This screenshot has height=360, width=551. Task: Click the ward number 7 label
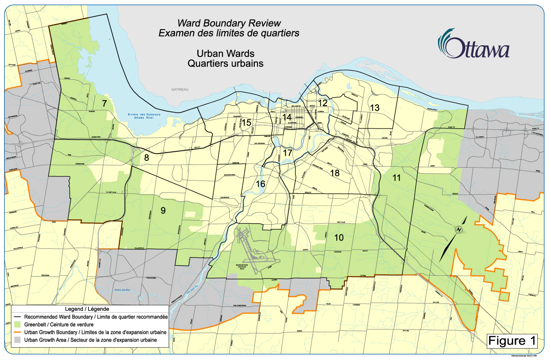click(x=104, y=103)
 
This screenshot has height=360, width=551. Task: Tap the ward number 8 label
click(x=146, y=158)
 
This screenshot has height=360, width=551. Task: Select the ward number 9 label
click(x=163, y=210)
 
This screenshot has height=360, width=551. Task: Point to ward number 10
click(x=339, y=237)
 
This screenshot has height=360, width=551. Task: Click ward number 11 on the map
click(x=397, y=178)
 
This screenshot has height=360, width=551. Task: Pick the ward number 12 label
click(x=323, y=103)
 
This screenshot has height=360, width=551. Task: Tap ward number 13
click(x=375, y=108)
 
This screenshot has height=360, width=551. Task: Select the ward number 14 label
click(x=287, y=117)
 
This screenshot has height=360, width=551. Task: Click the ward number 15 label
click(x=247, y=123)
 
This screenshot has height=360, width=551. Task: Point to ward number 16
click(x=261, y=184)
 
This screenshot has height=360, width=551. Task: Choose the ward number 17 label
click(x=287, y=153)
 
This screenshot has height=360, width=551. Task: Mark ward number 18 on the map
click(x=335, y=173)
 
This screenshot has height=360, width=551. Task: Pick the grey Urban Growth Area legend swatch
click(x=18, y=340)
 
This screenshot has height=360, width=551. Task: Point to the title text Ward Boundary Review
click(x=229, y=23)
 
